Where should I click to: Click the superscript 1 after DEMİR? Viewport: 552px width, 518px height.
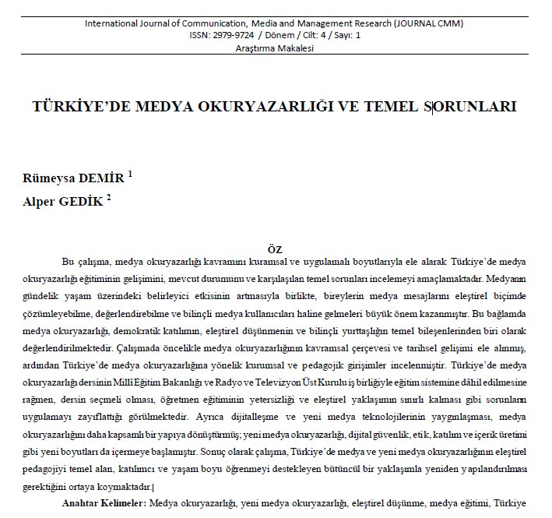point(130,174)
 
